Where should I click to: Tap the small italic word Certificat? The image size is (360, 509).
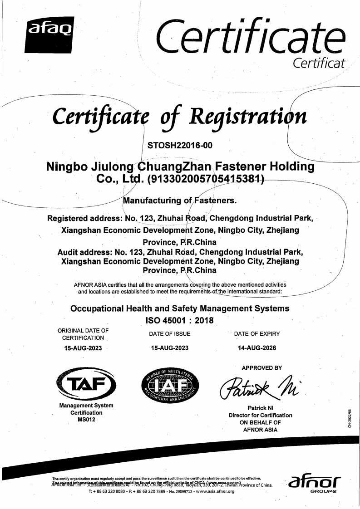(x=319, y=63)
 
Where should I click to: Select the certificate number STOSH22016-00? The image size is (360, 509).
(x=180, y=146)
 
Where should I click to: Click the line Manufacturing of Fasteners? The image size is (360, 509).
(x=180, y=200)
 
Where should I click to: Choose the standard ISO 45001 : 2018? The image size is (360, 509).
(x=179, y=320)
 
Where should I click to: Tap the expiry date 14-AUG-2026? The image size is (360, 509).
(x=256, y=348)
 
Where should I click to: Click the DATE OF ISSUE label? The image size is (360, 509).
(x=170, y=334)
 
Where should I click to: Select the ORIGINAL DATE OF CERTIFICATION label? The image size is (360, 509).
(x=83, y=334)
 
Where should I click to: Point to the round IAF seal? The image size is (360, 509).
(x=170, y=387)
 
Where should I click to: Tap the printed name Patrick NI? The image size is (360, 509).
(x=260, y=408)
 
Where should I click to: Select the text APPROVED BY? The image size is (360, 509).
(x=262, y=368)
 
